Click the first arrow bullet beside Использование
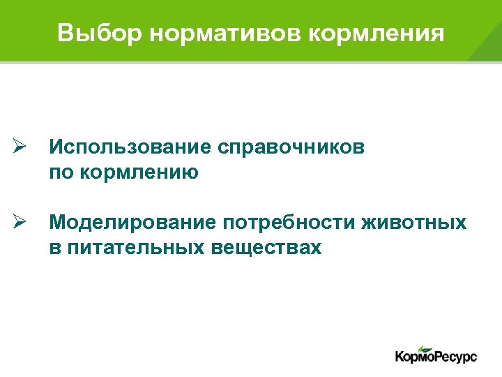20,147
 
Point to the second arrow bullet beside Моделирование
20,223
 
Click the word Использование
130,148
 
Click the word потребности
290,223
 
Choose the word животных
415,223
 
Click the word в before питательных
54,248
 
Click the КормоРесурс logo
436,355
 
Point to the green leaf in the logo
425,348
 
